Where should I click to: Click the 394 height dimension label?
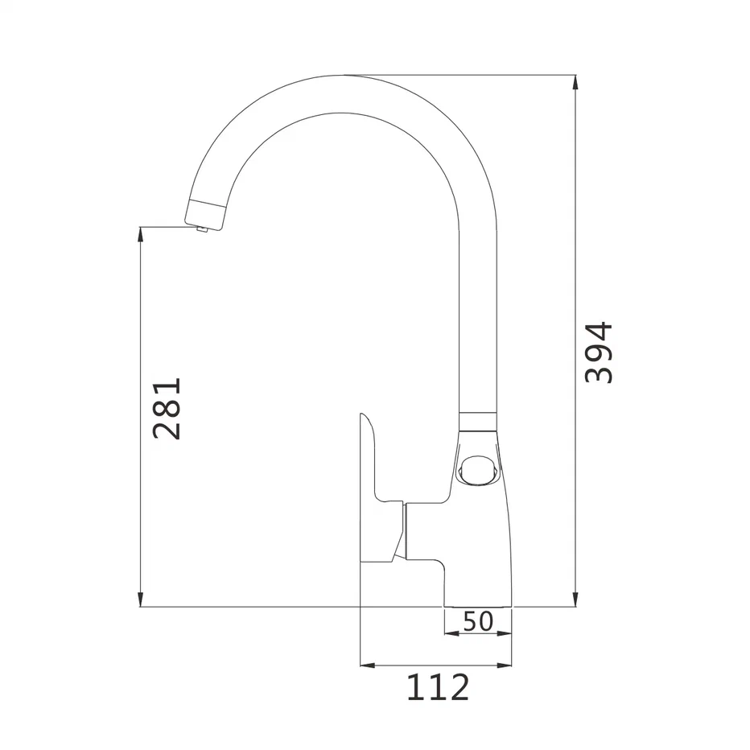click(x=599, y=352)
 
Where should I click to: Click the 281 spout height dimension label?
click(x=167, y=408)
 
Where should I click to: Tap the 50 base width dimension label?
click(x=478, y=621)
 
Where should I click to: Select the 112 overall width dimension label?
click(x=438, y=687)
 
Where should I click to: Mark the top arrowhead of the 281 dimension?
click(x=140, y=234)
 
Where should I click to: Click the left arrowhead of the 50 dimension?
click(x=452, y=633)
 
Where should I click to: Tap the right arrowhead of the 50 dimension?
click(x=504, y=633)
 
